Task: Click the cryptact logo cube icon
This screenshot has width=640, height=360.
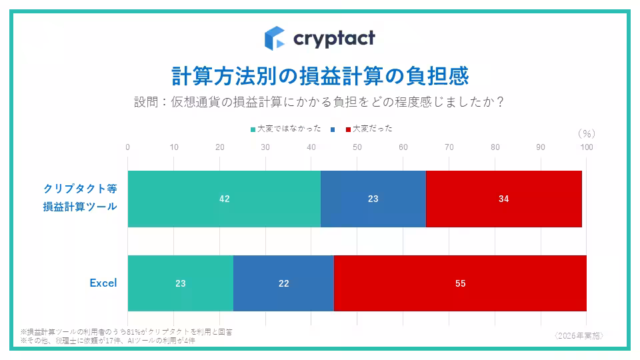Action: [275, 38]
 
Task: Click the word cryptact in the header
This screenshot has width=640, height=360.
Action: [334, 38]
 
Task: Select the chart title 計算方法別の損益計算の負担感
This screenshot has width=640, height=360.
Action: [320, 75]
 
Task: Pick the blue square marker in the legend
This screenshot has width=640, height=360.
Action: [332, 129]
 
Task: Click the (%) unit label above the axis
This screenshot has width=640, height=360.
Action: [586, 133]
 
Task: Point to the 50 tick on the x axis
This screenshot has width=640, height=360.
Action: [357, 147]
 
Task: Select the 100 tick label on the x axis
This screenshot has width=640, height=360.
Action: [586, 147]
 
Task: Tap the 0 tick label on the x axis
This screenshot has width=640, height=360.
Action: [128, 147]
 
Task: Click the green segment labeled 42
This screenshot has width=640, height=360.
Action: [224, 199]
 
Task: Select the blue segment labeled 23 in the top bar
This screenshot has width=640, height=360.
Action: [373, 199]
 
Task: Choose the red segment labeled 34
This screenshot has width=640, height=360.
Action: [503, 199]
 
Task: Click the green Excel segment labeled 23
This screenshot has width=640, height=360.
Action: [180, 283]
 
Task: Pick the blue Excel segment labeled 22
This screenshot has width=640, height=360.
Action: [283, 283]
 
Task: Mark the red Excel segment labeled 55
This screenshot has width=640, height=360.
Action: [460, 283]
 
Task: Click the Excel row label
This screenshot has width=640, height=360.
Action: [103, 283]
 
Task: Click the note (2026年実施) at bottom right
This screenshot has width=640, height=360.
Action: [579, 335]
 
